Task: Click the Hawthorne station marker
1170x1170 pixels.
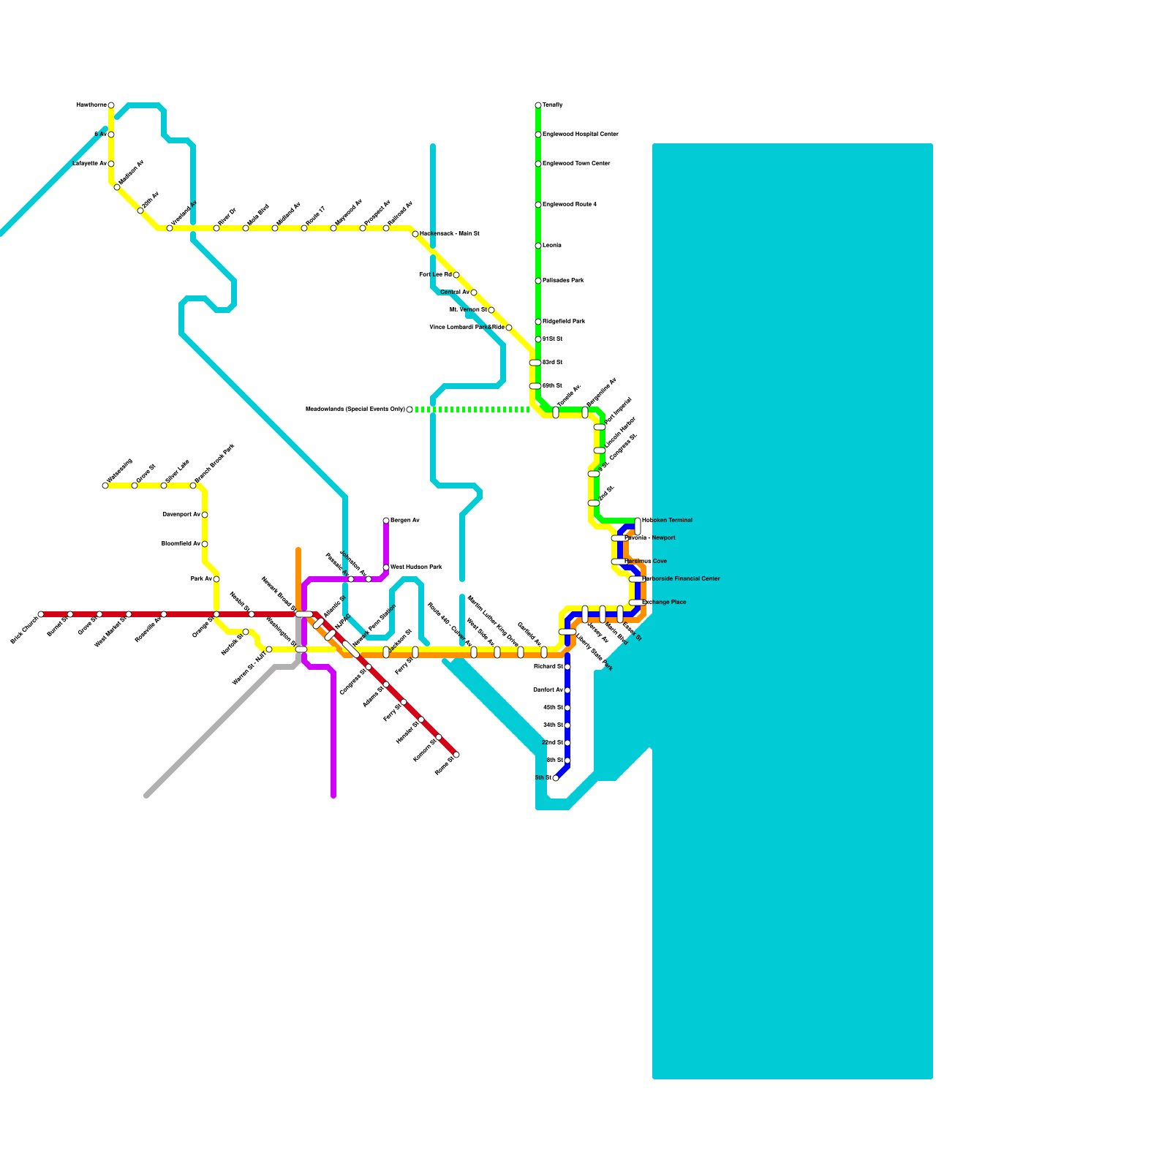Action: point(111,105)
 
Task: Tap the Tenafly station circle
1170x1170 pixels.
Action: point(538,105)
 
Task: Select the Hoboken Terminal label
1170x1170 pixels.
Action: point(667,521)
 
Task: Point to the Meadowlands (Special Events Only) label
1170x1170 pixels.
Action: point(355,409)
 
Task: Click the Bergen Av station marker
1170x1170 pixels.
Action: point(386,521)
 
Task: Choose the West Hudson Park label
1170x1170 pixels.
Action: point(416,567)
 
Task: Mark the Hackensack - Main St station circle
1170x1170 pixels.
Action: point(415,234)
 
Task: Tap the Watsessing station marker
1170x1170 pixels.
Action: point(105,486)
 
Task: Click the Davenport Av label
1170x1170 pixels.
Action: point(181,515)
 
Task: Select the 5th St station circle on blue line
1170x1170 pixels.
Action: point(556,778)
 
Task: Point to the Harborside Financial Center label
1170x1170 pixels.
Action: point(681,579)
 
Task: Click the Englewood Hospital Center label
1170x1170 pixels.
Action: point(581,135)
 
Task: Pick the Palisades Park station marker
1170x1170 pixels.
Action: point(538,281)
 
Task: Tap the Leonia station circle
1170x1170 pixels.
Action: point(538,246)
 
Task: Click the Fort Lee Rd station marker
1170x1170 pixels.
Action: point(456,275)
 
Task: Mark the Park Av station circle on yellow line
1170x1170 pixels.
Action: point(216,579)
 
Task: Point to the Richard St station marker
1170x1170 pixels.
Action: point(567,667)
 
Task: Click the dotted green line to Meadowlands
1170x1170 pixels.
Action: point(472,409)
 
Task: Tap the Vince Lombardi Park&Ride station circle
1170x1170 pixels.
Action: point(509,328)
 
